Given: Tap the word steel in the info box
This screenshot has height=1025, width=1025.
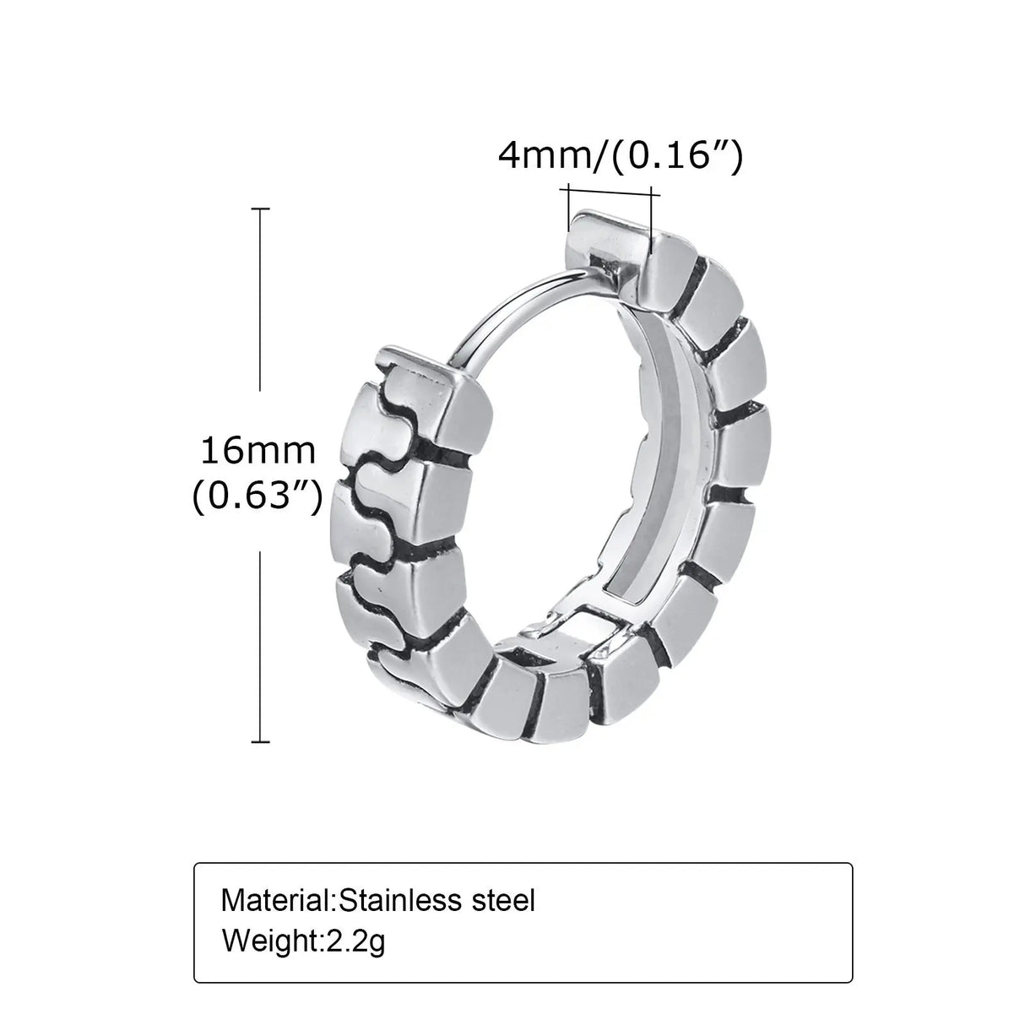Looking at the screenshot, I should click(x=502, y=900).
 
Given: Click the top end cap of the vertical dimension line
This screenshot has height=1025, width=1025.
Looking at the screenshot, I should click(x=261, y=209).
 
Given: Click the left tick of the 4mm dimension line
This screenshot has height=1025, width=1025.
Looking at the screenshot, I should click(x=571, y=203).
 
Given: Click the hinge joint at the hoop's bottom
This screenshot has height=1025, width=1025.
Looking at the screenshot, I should click(x=574, y=637).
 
